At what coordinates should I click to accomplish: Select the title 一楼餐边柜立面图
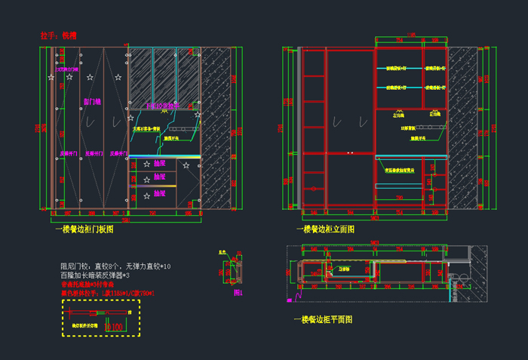pyautogui.click(x=325, y=229)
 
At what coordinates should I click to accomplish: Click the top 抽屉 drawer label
pyautogui.click(x=159, y=163)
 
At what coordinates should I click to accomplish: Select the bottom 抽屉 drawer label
pyautogui.click(x=159, y=193)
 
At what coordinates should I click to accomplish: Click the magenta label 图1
pyautogui.click(x=238, y=292)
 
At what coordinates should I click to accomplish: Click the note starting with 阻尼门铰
pyautogui.click(x=115, y=266)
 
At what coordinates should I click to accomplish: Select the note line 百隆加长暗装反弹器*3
pyautogui.click(x=105, y=275)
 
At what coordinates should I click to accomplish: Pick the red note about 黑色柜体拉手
pyautogui.click(x=107, y=293)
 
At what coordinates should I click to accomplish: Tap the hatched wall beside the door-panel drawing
pyautogui.click(x=216, y=128)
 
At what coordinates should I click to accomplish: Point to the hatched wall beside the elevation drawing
pyautogui.click(x=462, y=128)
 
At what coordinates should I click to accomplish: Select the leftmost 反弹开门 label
pyautogui.click(x=69, y=153)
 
